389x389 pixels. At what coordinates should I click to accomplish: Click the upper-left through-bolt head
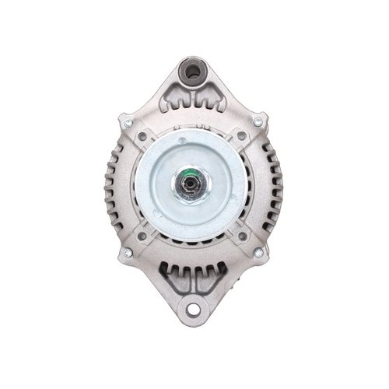tap(128, 123)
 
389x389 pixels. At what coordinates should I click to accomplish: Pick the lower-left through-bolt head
tap(128, 252)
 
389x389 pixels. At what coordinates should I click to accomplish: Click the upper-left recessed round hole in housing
tap(142, 137)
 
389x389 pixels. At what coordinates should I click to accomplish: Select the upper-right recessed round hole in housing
tap(243, 137)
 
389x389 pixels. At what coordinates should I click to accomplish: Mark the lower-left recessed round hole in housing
tap(142, 236)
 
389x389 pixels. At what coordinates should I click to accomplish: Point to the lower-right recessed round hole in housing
tap(243, 236)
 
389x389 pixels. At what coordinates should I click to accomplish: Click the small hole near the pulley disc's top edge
tap(182, 141)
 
